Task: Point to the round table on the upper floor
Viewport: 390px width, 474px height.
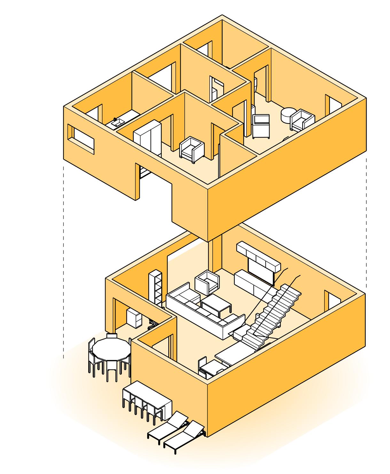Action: click(x=287, y=115)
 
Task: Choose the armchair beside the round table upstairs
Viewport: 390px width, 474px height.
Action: click(x=302, y=120)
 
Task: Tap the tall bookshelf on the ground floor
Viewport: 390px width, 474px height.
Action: click(x=156, y=286)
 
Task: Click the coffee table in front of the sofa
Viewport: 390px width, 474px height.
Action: click(x=216, y=304)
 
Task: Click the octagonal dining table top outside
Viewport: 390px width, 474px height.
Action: click(x=111, y=349)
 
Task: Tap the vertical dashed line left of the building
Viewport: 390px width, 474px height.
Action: click(x=64, y=262)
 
